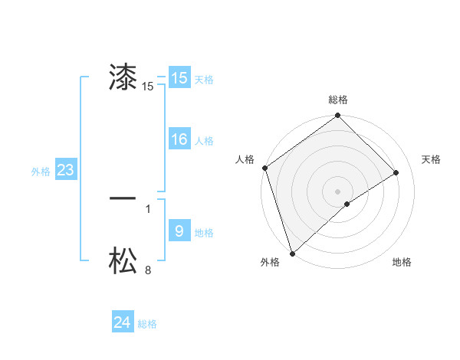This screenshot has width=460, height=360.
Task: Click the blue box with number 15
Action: tap(179, 78)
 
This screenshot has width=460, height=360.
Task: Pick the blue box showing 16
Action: tap(179, 139)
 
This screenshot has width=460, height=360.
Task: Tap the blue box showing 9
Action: tap(179, 231)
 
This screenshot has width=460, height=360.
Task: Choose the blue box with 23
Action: tap(65, 170)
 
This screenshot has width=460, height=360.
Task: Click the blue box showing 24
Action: tap(122, 322)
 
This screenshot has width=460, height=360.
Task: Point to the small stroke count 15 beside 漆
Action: tap(148, 87)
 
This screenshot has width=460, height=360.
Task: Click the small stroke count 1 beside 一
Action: tap(148, 208)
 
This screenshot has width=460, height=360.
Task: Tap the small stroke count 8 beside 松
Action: tap(148, 270)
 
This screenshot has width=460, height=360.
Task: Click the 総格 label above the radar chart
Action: tap(338, 100)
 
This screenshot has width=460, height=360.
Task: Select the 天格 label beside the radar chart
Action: tap(431, 159)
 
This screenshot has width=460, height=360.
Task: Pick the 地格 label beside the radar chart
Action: tap(402, 262)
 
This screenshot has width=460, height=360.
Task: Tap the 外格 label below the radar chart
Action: tap(270, 262)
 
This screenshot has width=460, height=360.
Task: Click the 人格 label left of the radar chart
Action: tap(245, 159)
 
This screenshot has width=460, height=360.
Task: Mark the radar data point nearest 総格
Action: tap(338, 116)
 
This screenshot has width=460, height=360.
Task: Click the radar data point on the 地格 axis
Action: tap(347, 204)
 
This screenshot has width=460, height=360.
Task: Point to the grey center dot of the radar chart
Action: tap(337, 191)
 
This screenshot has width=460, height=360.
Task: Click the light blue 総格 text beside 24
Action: tap(147, 324)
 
